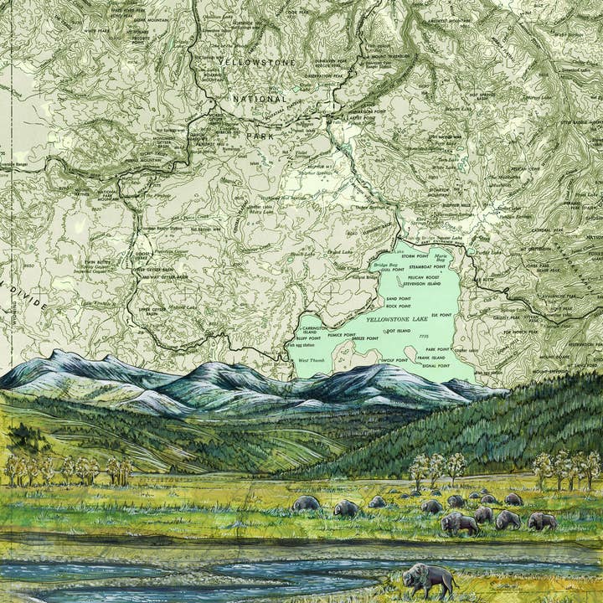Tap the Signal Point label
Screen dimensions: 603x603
coord(435,366)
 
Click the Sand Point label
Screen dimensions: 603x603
coord(398,298)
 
